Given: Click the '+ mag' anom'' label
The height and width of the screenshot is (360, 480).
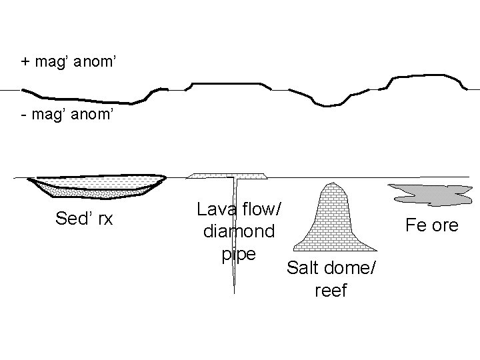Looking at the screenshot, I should click(69, 63).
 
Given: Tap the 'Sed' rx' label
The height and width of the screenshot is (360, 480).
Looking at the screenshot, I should click(84, 218).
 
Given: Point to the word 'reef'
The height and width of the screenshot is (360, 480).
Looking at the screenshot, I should click(330, 291).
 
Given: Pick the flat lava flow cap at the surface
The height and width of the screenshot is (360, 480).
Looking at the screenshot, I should click(227, 176).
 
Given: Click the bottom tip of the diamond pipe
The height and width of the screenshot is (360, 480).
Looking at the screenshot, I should click(235, 292).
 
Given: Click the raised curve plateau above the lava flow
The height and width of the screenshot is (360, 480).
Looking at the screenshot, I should click(227, 83).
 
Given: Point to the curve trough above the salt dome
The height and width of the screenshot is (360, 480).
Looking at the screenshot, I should click(328, 104).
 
